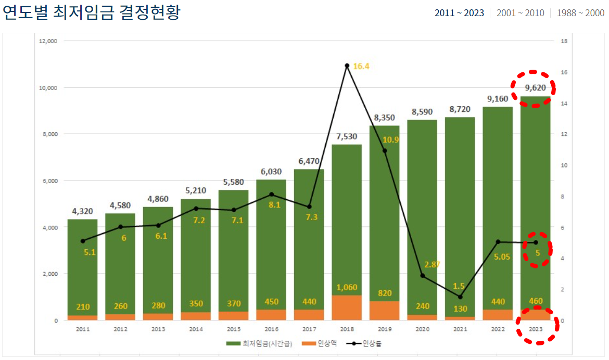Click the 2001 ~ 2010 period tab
[521, 13]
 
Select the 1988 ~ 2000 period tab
[580, 13]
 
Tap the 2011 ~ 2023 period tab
[460, 13]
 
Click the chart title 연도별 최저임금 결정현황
[92, 12]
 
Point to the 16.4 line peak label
[361, 66]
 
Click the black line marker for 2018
[347, 66]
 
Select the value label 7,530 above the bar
[347, 136]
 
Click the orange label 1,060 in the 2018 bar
[347, 287]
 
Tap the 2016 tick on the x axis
[271, 329]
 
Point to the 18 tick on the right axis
[564, 41]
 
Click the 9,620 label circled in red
[535, 88]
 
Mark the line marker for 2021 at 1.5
[460, 297]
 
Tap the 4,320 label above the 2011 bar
[82, 211]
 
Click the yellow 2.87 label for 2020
[432, 264]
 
